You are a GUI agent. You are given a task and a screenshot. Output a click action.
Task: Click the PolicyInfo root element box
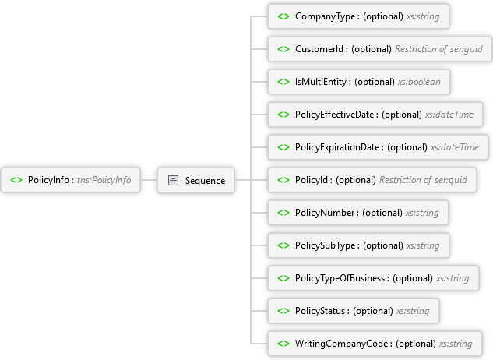pyautogui.click(x=72, y=180)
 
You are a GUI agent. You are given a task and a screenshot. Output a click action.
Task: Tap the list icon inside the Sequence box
pyautogui.click(x=174, y=180)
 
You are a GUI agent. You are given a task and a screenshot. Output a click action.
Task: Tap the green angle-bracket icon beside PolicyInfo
pyautogui.click(x=16, y=180)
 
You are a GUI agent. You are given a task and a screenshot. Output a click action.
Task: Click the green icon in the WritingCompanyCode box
pyautogui.click(x=283, y=343)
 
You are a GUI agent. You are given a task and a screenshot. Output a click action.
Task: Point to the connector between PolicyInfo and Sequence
pyautogui.click(x=150, y=180)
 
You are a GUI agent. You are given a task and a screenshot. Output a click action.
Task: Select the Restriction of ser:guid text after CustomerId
pyautogui.click(x=438, y=48)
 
